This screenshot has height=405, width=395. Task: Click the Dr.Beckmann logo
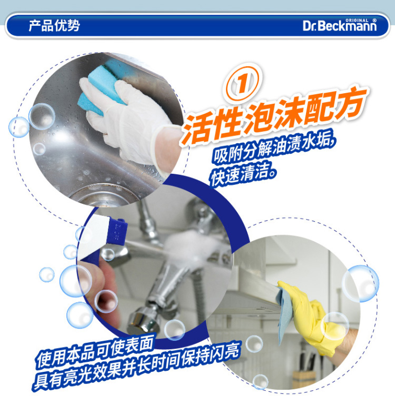pos(340,25)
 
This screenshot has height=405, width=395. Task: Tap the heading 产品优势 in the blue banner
pos(54,26)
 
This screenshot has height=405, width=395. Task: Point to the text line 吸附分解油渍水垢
pos(274,149)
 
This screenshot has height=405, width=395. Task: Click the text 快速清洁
pos(243,174)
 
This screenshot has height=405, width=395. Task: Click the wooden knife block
pos(304,379)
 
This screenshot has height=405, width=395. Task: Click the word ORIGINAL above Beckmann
pos(357,21)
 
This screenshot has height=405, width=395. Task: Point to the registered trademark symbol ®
pos(374,20)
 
